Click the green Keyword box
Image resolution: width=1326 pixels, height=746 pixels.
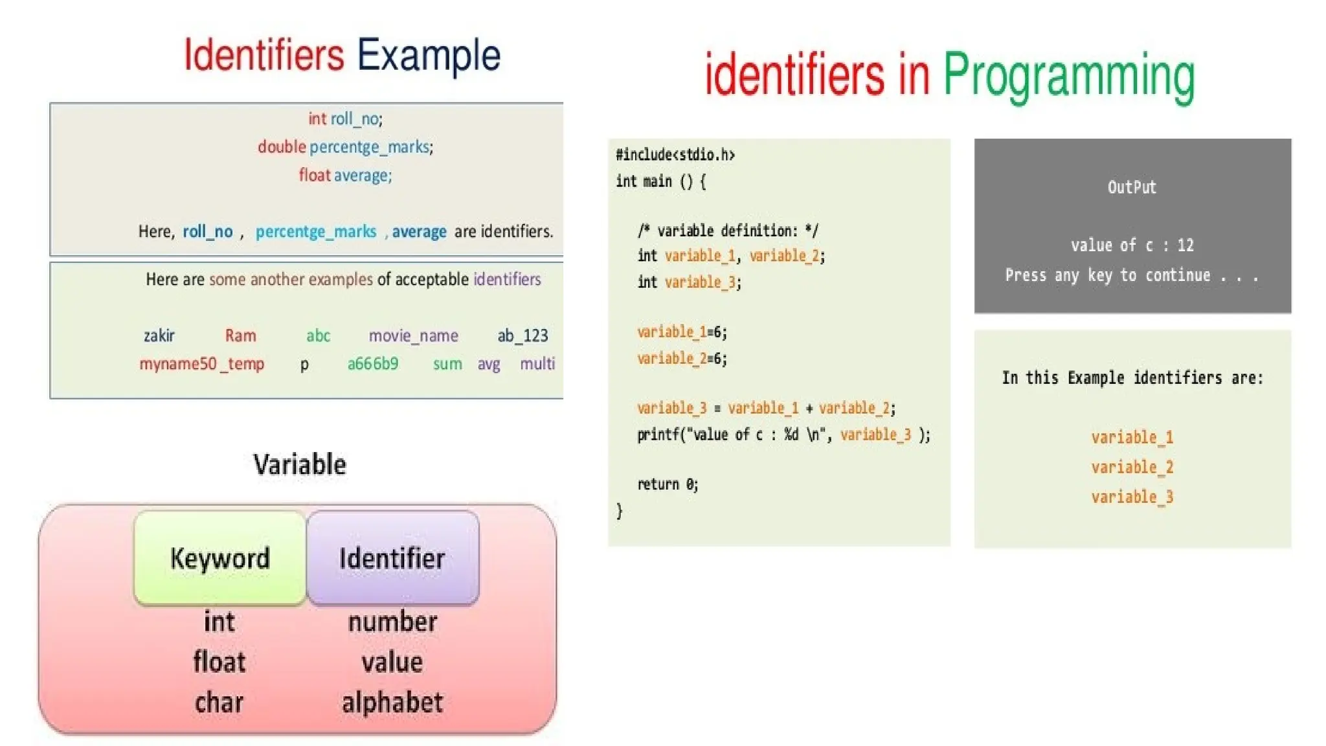[219, 558]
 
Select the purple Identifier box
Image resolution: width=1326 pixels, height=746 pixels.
[392, 558]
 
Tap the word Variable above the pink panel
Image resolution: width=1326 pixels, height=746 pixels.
[300, 464]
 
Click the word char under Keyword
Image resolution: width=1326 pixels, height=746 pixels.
[219, 703]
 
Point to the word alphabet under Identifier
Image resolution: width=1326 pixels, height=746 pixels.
[392, 703]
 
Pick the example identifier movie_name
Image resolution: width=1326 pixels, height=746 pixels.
[413, 335]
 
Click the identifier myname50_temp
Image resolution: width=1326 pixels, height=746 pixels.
[201, 364]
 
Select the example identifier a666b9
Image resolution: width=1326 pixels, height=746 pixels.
[373, 364]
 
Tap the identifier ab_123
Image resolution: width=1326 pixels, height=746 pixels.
[523, 335]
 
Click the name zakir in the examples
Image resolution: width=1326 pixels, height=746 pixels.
[159, 335]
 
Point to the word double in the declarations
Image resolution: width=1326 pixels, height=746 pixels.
[282, 147]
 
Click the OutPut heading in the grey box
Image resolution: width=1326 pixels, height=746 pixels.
[1132, 188]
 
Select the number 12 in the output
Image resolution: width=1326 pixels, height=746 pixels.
[1186, 245]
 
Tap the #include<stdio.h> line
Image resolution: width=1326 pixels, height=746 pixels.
[675, 155]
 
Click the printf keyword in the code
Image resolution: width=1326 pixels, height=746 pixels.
[658, 435]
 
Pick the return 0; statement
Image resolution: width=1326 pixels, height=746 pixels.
[668, 484]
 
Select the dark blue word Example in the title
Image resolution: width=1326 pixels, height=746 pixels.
[429, 56]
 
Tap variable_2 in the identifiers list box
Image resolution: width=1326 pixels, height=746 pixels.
[1132, 468]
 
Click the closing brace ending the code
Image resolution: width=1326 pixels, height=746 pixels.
[620, 511]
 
